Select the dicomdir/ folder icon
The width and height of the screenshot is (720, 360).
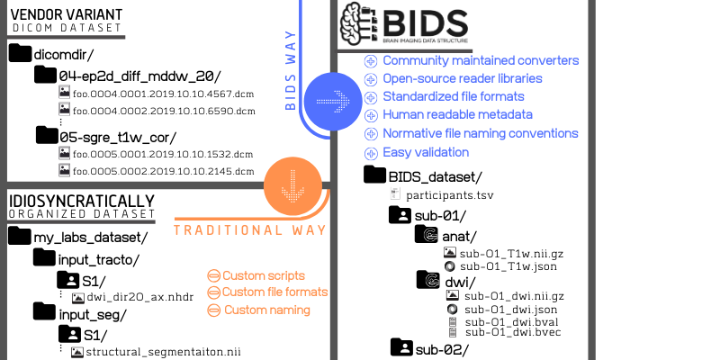point(20,54)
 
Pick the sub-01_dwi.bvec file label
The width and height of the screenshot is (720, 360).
point(511,332)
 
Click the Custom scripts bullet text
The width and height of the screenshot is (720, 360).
point(264,274)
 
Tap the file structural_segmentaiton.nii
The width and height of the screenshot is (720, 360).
point(165,352)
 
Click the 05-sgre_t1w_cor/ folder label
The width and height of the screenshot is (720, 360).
point(118,137)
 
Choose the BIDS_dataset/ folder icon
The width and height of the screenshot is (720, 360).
point(375,175)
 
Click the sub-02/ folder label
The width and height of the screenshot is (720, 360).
point(442,347)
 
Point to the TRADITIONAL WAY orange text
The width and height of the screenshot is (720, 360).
point(249,230)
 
